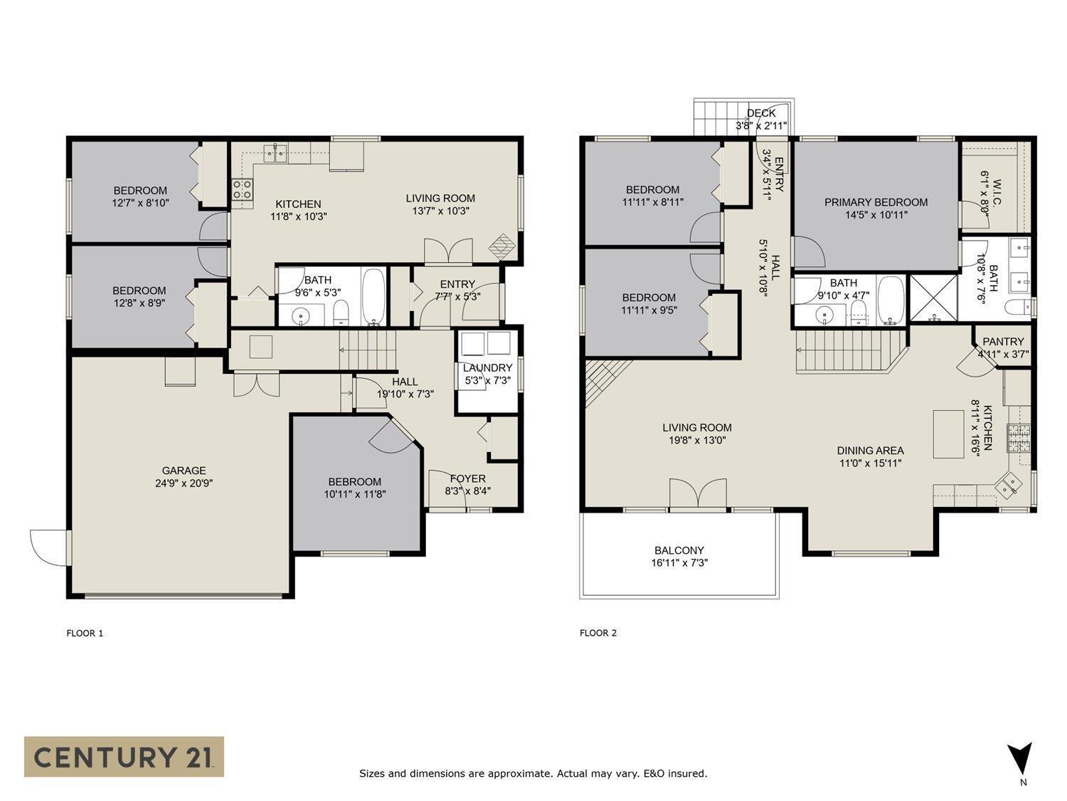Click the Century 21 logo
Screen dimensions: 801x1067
[x=124, y=756]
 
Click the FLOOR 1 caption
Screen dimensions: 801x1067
[x=85, y=633]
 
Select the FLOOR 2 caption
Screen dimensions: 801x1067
[x=598, y=633]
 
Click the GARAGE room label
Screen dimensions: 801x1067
[x=184, y=471]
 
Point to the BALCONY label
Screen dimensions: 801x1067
[x=679, y=550]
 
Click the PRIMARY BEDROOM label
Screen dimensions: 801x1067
[x=876, y=202]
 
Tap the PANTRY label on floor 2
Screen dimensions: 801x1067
[x=1003, y=342]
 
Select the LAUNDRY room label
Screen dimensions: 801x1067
[x=487, y=368]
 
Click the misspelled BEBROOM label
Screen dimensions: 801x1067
[x=354, y=482]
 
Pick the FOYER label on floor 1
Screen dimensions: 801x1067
[x=467, y=478]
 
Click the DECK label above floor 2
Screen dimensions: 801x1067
[x=761, y=113]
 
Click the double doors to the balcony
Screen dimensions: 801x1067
[x=698, y=495]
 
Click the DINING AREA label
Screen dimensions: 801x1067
[x=870, y=451]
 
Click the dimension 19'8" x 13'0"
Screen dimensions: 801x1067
[x=696, y=441]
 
